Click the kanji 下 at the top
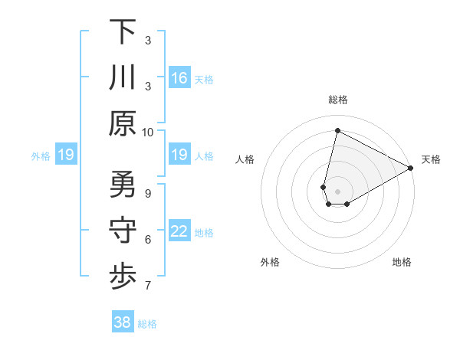123,31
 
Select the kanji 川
123,77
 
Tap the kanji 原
123,123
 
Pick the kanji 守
123,231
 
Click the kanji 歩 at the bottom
123,277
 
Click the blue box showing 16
179,78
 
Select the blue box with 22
179,231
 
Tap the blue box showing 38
123,322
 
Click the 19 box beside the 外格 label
66,155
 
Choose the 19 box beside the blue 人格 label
179,155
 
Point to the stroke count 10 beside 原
148,132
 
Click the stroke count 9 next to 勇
148,193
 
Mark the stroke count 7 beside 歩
148,286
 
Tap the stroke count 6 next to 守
148,240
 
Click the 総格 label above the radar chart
338,100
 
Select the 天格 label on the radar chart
431,159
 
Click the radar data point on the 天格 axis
411,168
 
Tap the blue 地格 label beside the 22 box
204,232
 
